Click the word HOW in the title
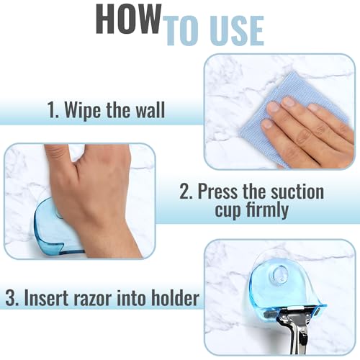[x=128, y=19]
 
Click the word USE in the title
[x=238, y=31]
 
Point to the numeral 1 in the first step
[x=53, y=110]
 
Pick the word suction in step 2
[x=297, y=192]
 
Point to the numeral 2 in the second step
[x=186, y=192]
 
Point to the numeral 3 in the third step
[x=12, y=297]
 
